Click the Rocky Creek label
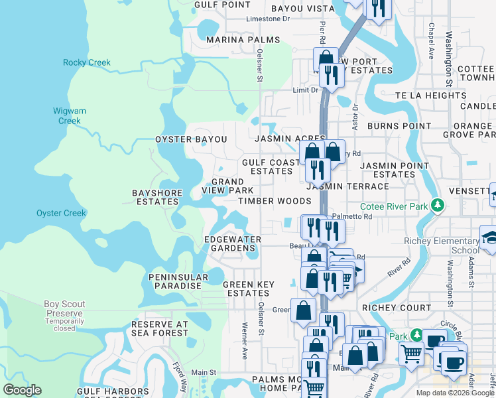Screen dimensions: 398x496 [x=86, y=63]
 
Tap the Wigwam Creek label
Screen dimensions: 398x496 [x=69, y=116]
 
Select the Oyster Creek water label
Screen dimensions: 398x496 [x=61, y=213]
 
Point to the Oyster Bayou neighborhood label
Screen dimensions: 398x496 [x=191, y=140]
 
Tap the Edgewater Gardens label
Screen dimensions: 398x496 [x=232, y=243]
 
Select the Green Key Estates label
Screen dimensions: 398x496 [x=248, y=289]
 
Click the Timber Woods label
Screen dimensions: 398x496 [x=275, y=201]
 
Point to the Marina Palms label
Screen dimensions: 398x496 [x=234, y=40]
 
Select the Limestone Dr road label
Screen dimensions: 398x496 [x=268, y=19]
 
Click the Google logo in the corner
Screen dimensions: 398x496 [x=22, y=390]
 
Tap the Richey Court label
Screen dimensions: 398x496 [x=397, y=308]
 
